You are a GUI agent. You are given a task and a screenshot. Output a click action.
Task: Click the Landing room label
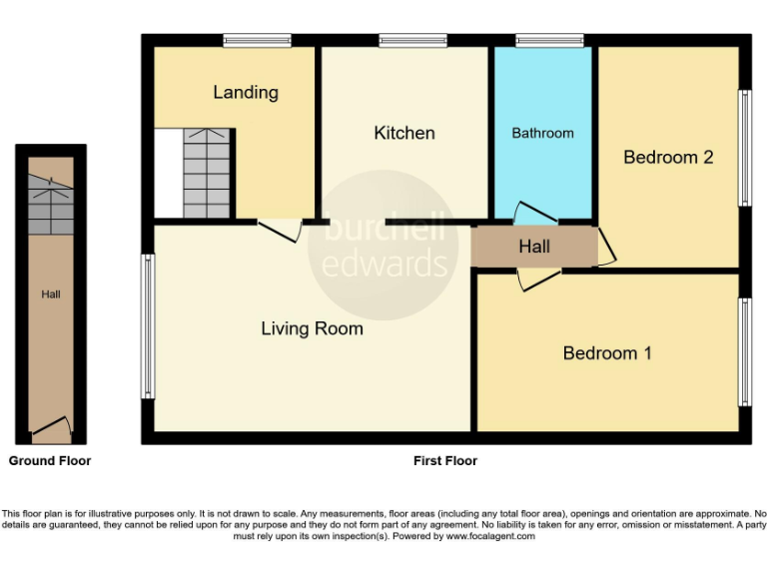pyautogui.click(x=246, y=93)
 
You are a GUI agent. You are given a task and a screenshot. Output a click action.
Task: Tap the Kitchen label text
pyautogui.click(x=404, y=133)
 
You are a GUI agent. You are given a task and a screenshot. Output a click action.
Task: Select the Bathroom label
pyautogui.click(x=543, y=133)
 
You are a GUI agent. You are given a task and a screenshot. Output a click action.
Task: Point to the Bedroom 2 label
pyautogui.click(x=668, y=157)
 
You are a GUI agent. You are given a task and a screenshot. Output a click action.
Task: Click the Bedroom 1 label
pyautogui.click(x=607, y=352)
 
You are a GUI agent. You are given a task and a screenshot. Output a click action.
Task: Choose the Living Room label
pyautogui.click(x=312, y=327)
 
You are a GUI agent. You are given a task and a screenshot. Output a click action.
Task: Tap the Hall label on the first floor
pyautogui.click(x=534, y=247)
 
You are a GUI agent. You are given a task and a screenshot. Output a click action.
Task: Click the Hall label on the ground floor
pyautogui.click(x=50, y=294)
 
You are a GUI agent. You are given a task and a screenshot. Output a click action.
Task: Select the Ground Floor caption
pyautogui.click(x=50, y=461)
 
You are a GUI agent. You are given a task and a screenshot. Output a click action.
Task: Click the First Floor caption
pyautogui.click(x=445, y=461)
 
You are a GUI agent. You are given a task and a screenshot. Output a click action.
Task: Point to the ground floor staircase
pyautogui.click(x=50, y=205)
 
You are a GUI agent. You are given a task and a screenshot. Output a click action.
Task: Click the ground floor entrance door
pyautogui.click(x=51, y=430)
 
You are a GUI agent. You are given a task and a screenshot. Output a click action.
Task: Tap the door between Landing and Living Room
pyautogui.click(x=280, y=230)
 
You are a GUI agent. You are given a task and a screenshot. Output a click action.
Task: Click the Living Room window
pyautogui.click(x=148, y=325)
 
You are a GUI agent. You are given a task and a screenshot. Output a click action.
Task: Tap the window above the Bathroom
pyautogui.click(x=549, y=41)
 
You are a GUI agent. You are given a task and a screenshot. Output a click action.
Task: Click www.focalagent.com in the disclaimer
pyautogui.click(x=489, y=536)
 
